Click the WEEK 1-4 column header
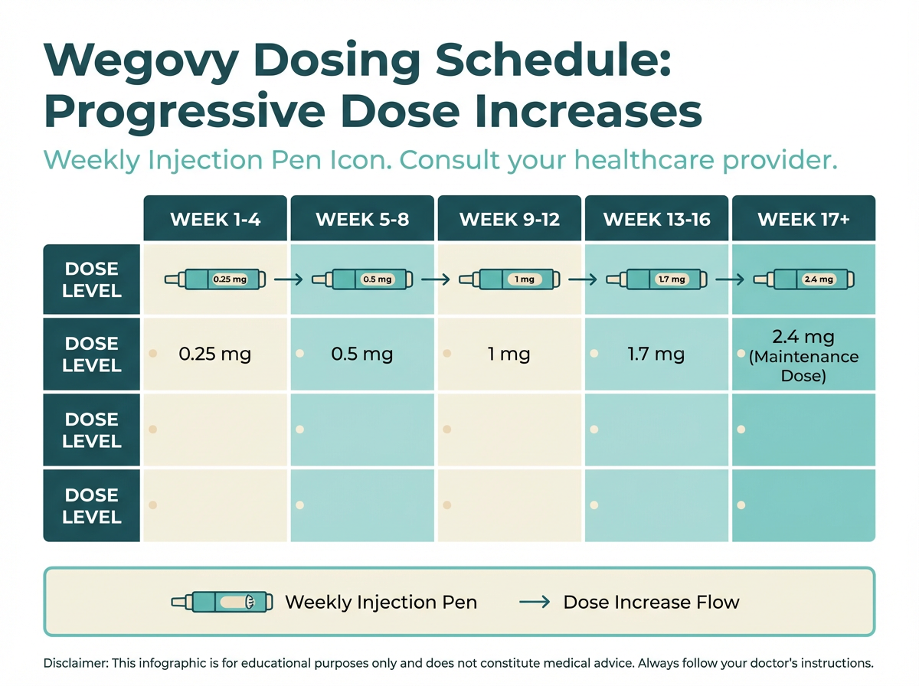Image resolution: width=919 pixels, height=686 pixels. [215, 220]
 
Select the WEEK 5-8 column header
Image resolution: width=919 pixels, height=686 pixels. [362, 220]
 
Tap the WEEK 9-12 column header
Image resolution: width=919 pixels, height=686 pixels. [509, 220]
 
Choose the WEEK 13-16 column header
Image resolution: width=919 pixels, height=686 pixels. [657, 220]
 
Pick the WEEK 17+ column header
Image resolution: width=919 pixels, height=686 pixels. [803, 220]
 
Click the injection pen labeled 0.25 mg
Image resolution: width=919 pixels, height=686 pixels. [215, 279]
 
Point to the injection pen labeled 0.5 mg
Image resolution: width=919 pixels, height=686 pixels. [362, 279]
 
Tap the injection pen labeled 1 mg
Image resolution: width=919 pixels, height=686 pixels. [509, 279]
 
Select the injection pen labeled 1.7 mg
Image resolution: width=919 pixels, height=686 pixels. [657, 279]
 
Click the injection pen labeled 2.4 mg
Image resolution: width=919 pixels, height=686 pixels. [803, 279]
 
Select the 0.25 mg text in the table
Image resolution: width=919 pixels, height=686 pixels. [214, 354]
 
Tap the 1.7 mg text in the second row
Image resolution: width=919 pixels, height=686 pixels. [656, 354]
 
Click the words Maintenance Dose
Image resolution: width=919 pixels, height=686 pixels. [803, 367]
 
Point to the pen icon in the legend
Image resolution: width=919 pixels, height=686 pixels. [221, 602]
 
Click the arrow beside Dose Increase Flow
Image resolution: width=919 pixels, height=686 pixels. [535, 602]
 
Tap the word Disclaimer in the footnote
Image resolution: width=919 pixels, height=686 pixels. [76, 663]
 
